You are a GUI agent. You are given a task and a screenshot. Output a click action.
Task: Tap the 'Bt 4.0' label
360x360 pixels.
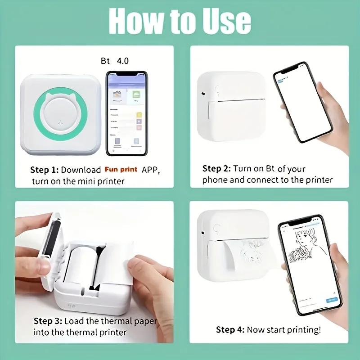pos(114,60)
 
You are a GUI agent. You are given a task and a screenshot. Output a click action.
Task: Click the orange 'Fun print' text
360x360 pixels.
pos(121,170)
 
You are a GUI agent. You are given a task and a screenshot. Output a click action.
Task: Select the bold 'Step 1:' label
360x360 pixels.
pos(44,170)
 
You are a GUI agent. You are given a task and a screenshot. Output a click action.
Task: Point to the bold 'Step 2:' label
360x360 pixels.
pos(216,169)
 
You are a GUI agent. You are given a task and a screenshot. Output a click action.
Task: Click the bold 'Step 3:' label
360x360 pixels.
pos(48,321)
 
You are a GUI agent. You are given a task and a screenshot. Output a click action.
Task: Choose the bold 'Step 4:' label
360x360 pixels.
pos(230,330)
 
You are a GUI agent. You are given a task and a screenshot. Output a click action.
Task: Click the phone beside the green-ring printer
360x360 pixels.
pos(126,113)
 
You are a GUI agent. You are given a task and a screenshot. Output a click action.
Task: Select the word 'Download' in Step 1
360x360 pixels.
pos(81,170)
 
